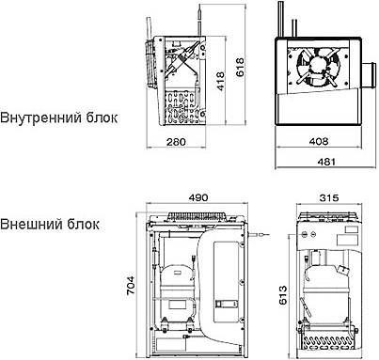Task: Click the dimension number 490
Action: pyautogui.click(x=197, y=198)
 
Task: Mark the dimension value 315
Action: pyautogui.click(x=325, y=198)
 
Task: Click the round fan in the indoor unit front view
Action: pyautogui.click(x=317, y=66)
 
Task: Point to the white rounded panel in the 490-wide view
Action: pyautogui.click(x=225, y=282)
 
